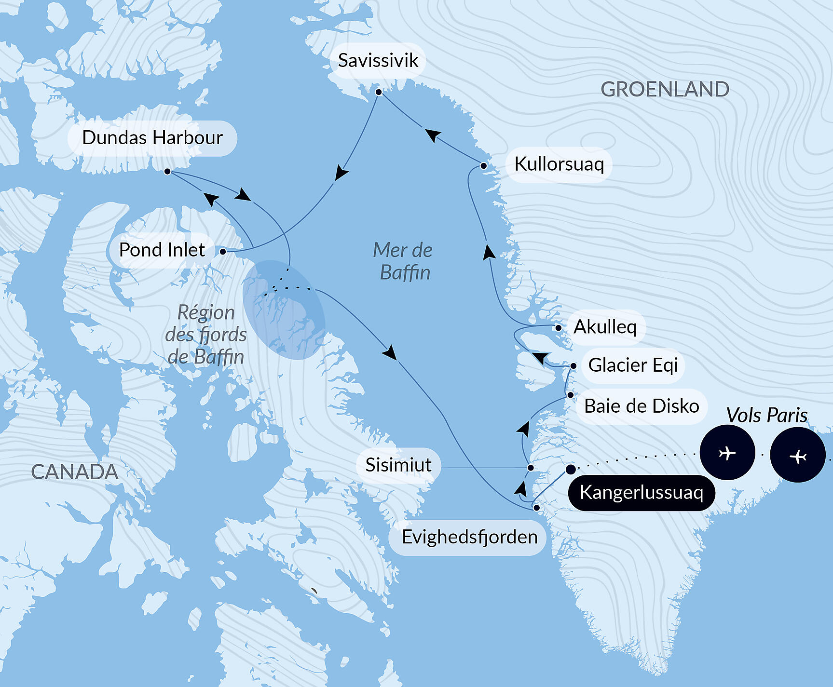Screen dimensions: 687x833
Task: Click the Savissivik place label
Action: tap(378, 61)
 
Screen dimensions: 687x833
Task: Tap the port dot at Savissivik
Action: tap(379, 92)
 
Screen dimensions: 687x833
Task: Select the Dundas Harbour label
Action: tap(152, 138)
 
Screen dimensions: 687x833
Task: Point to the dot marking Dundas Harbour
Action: tap(167, 171)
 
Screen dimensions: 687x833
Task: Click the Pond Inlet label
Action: tap(162, 250)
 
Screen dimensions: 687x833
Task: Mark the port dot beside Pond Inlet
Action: tap(223, 251)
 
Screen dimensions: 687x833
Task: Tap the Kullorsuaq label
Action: tap(559, 164)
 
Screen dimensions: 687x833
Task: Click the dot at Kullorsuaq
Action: tap(483, 166)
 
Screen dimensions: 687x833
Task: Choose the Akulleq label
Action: tap(605, 327)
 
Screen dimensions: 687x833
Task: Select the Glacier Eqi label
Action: tap(633, 365)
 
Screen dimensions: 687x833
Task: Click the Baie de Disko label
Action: tap(641, 406)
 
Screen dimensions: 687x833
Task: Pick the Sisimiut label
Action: tap(398, 465)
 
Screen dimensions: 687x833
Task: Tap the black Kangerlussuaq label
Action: tap(641, 493)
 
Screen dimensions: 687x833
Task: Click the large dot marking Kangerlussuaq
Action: tap(571, 469)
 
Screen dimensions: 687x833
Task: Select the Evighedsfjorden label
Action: tap(469, 537)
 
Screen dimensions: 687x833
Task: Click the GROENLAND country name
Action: tap(664, 90)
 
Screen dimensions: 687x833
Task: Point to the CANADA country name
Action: tap(74, 472)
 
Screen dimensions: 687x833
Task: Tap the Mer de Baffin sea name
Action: tap(403, 261)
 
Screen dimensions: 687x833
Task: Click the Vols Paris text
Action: tap(766, 415)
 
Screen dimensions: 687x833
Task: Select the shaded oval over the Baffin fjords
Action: tap(284, 310)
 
